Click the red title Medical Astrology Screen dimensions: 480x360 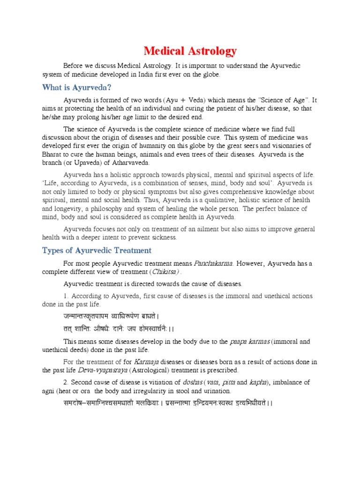pyautogui.click(x=190, y=51)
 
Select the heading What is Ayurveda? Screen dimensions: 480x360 pyautogui.click(x=76, y=87)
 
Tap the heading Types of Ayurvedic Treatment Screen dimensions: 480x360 pyautogui.click(x=97, y=250)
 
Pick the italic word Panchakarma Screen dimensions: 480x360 pyautogui.click(x=213, y=263)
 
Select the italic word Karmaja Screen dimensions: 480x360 pyautogui.click(x=145, y=361)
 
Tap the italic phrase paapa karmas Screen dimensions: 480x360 pyautogui.click(x=250, y=342)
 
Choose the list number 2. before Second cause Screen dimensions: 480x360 pyautogui.click(x=66, y=382)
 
